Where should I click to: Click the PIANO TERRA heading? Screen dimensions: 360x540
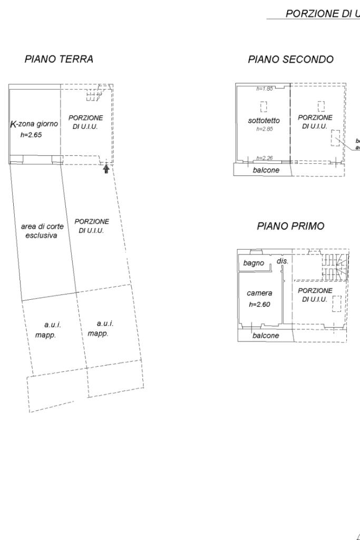tap(59, 60)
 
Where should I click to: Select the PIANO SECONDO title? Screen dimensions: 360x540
tap(290, 60)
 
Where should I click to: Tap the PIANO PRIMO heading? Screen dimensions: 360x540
tap(290, 226)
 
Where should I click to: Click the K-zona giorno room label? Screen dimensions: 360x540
tap(34, 124)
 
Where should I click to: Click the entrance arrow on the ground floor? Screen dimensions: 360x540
tap(106, 169)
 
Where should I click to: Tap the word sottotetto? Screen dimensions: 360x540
tap(264, 121)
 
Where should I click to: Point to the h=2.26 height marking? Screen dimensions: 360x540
tap(264, 158)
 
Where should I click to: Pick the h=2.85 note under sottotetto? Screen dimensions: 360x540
tap(264, 129)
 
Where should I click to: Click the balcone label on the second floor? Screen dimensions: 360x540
tap(266, 170)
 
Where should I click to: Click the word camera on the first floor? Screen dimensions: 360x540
tap(259, 293)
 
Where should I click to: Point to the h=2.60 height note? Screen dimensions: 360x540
tap(259, 304)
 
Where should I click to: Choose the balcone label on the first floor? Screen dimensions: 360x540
tap(266, 335)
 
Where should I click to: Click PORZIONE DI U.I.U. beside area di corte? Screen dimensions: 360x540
tap(92, 226)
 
